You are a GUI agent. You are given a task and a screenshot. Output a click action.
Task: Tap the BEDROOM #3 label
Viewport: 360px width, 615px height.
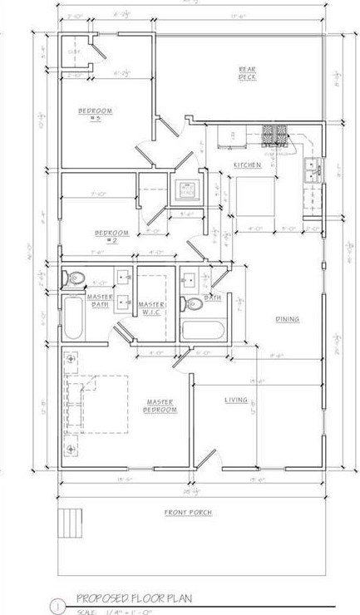95,115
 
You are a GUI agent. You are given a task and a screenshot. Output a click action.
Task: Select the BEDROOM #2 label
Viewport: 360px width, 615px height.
111,236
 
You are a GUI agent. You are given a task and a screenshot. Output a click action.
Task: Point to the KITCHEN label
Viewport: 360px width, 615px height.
247,165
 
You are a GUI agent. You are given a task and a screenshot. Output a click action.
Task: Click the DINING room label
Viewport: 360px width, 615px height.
288,318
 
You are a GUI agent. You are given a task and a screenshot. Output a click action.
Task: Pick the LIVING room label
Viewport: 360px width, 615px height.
236,401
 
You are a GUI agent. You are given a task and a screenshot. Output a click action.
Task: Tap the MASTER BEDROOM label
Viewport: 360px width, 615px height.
160,406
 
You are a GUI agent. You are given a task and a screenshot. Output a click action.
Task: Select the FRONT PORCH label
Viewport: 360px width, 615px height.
187,513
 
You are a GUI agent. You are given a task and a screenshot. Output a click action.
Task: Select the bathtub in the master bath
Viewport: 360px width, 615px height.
74,323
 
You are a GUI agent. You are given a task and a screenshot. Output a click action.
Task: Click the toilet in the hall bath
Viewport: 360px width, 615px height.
190,304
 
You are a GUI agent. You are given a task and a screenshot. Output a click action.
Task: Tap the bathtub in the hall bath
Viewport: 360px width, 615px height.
203,329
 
